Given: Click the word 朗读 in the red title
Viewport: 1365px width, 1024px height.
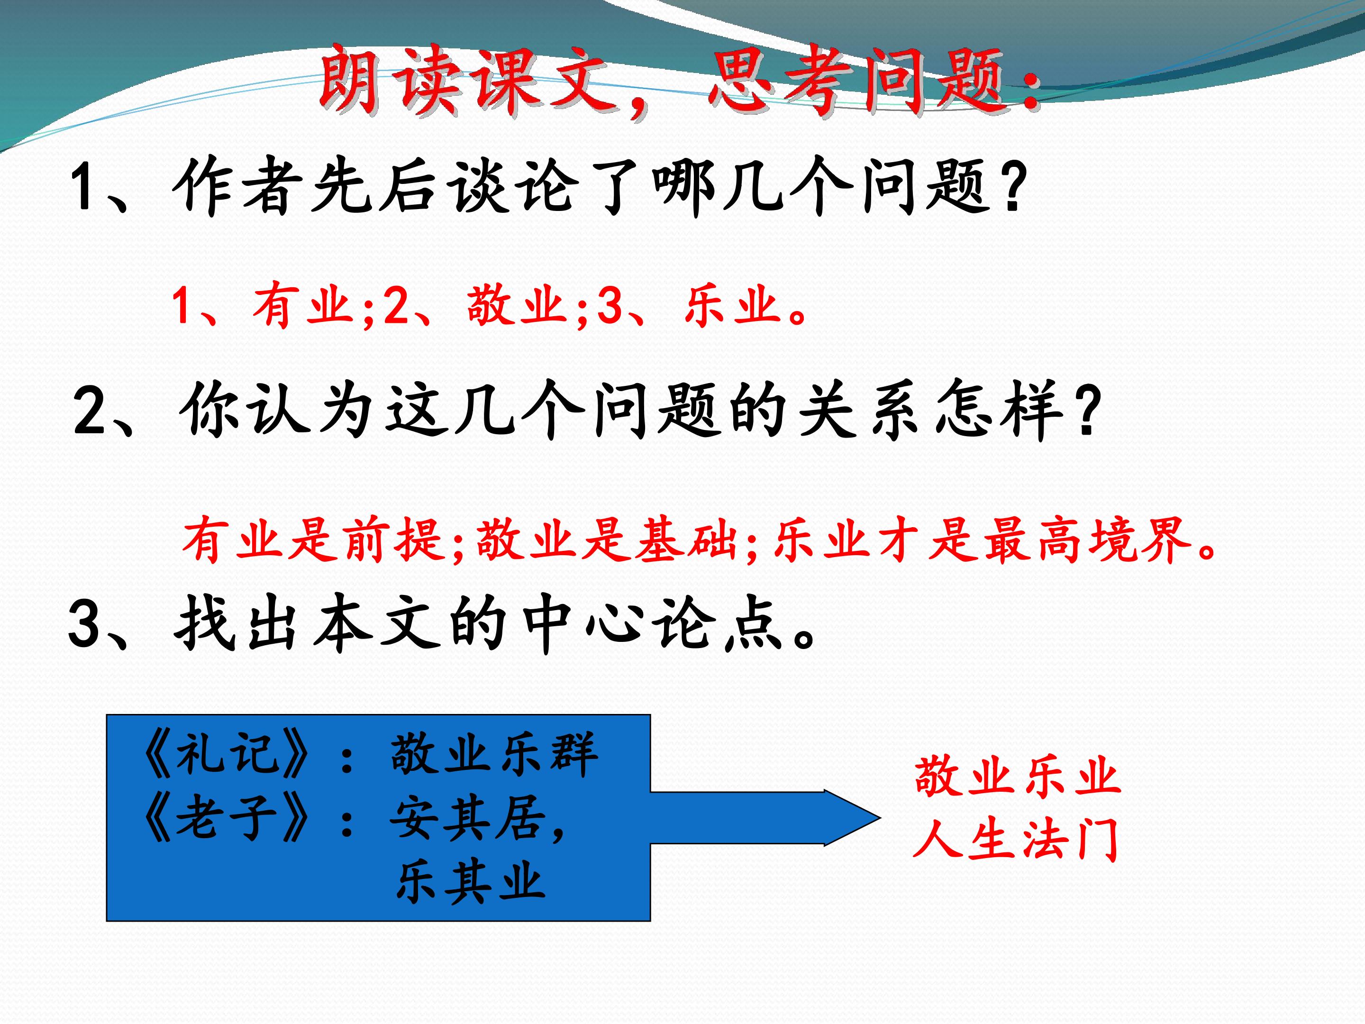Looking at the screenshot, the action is click(x=390, y=80).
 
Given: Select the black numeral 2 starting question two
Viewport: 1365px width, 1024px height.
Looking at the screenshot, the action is click(x=90, y=411).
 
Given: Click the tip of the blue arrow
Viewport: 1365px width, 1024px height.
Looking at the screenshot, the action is click(x=880, y=818).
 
